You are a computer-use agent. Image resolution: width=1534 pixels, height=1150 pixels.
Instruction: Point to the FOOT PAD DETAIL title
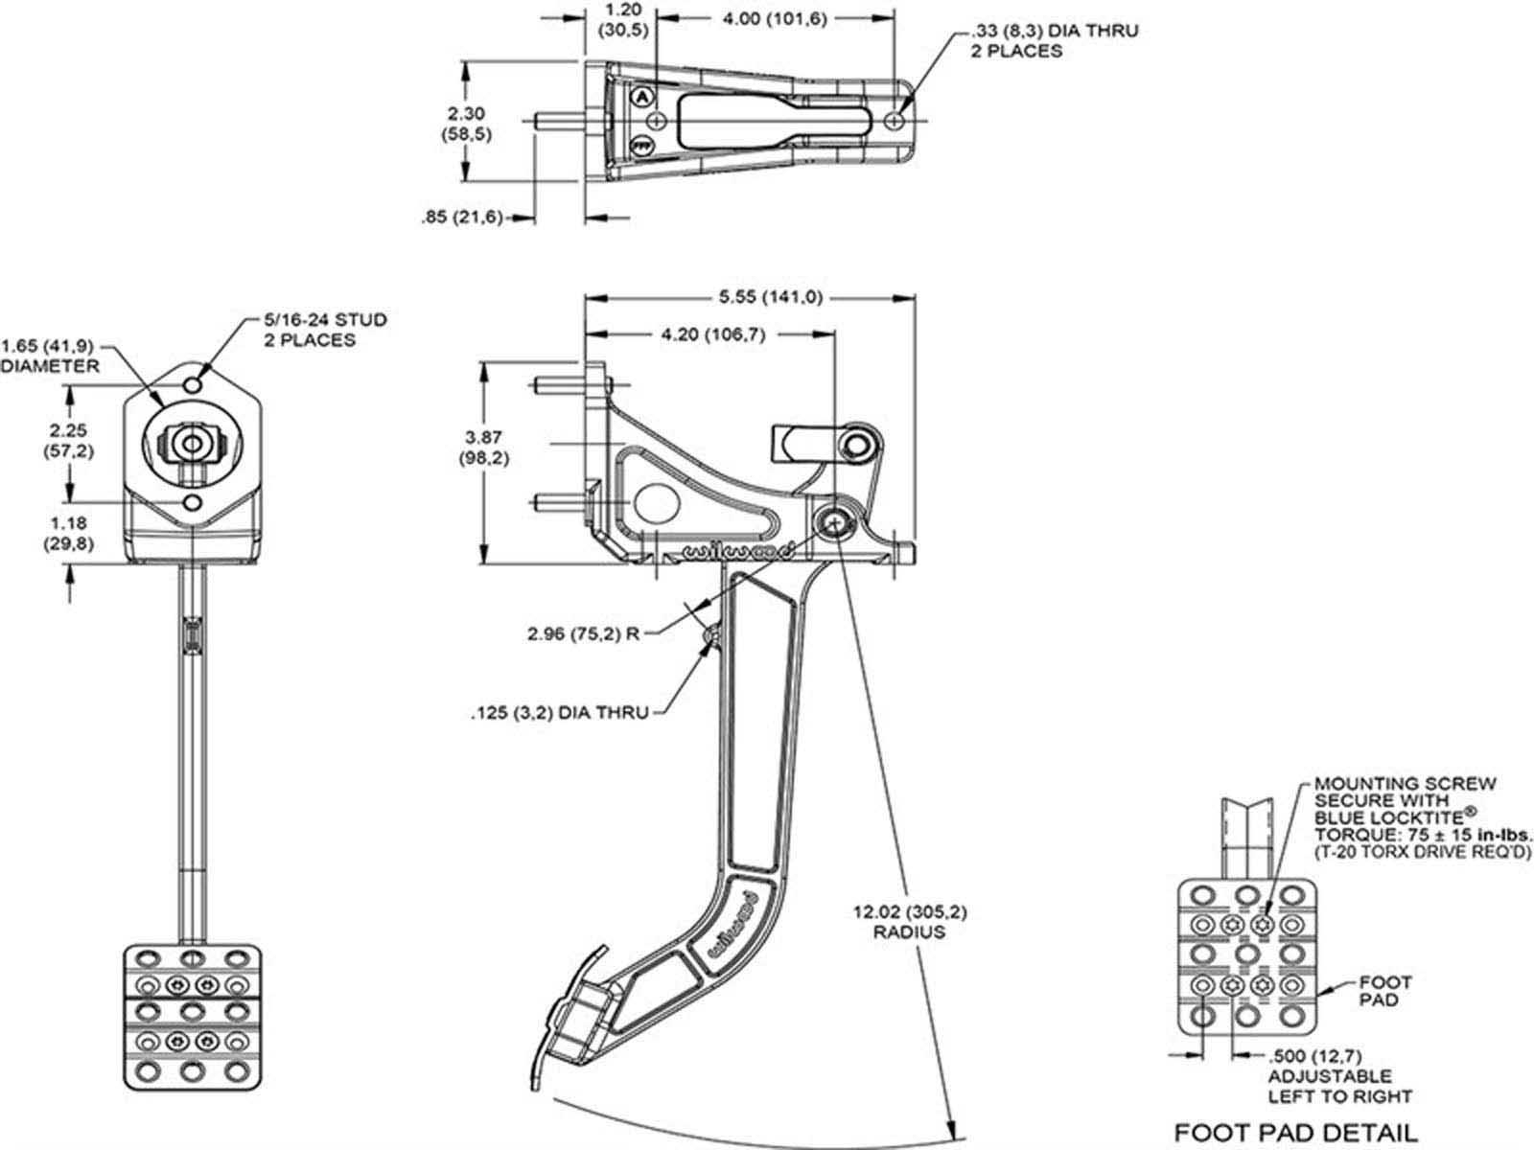pyautogui.click(x=1295, y=1133)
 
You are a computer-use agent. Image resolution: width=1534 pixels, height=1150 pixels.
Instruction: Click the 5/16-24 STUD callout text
pyautogui.click(x=325, y=320)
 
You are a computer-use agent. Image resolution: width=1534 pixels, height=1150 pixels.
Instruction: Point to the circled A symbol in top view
pyautogui.click(x=642, y=97)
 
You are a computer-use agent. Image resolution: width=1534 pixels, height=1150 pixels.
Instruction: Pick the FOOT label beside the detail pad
pyautogui.click(x=1385, y=982)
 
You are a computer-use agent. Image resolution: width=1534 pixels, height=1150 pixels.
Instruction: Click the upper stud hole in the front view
pyautogui.click(x=194, y=385)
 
